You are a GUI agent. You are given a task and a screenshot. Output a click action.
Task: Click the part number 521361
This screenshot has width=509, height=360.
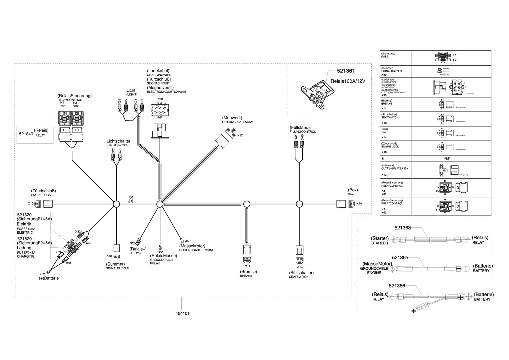pyautogui.click(x=346, y=71)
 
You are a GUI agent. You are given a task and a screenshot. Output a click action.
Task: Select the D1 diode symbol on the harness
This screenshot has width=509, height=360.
pyautogui.click(x=132, y=201)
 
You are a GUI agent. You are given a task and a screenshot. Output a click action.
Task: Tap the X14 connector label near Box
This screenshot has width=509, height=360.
pyautogui.click(x=359, y=204)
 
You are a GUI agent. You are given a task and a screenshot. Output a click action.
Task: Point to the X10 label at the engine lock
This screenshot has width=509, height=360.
pyautogui.click(x=31, y=203)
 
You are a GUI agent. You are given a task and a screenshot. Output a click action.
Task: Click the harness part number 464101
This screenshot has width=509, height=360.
pyautogui.click(x=182, y=314)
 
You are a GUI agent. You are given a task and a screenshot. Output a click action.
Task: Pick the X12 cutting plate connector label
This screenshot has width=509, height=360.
pyautogui.click(x=240, y=135)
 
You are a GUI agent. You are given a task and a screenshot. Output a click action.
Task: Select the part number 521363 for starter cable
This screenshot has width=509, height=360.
pyautogui.click(x=403, y=228)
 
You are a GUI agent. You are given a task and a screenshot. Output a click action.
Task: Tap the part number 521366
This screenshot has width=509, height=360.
pyautogui.click(x=397, y=286)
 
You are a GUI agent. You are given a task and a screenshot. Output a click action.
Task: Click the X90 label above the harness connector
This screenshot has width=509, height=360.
pyautogui.click(x=160, y=99)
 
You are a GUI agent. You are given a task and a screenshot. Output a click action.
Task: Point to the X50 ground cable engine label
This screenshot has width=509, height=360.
pyautogui.click(x=188, y=241)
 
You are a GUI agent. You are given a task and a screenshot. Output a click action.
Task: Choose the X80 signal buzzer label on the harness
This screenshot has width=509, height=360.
pyautogui.click(x=109, y=256)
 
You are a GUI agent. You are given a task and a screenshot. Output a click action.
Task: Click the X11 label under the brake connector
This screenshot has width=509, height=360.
pyautogui.click(x=248, y=266)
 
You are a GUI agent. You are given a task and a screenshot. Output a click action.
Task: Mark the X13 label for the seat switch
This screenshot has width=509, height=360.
pyautogui.click(x=300, y=267)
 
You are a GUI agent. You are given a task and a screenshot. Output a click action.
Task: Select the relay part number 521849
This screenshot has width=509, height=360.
pyautogui.click(x=26, y=133)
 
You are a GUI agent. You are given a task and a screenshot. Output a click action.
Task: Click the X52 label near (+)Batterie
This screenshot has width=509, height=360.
pyautogui.click(x=42, y=274)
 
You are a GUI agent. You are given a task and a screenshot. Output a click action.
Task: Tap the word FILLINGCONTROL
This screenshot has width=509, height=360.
pyautogui.click(x=303, y=132)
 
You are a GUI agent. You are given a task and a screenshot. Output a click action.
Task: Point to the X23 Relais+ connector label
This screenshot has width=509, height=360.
pyautogui.click(x=133, y=243)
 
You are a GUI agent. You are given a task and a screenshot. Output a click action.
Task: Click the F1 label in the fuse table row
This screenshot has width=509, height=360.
pyautogui.click(x=455, y=55)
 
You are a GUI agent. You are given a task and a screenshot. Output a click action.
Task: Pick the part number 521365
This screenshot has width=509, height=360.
pyautogui.click(x=400, y=258)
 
